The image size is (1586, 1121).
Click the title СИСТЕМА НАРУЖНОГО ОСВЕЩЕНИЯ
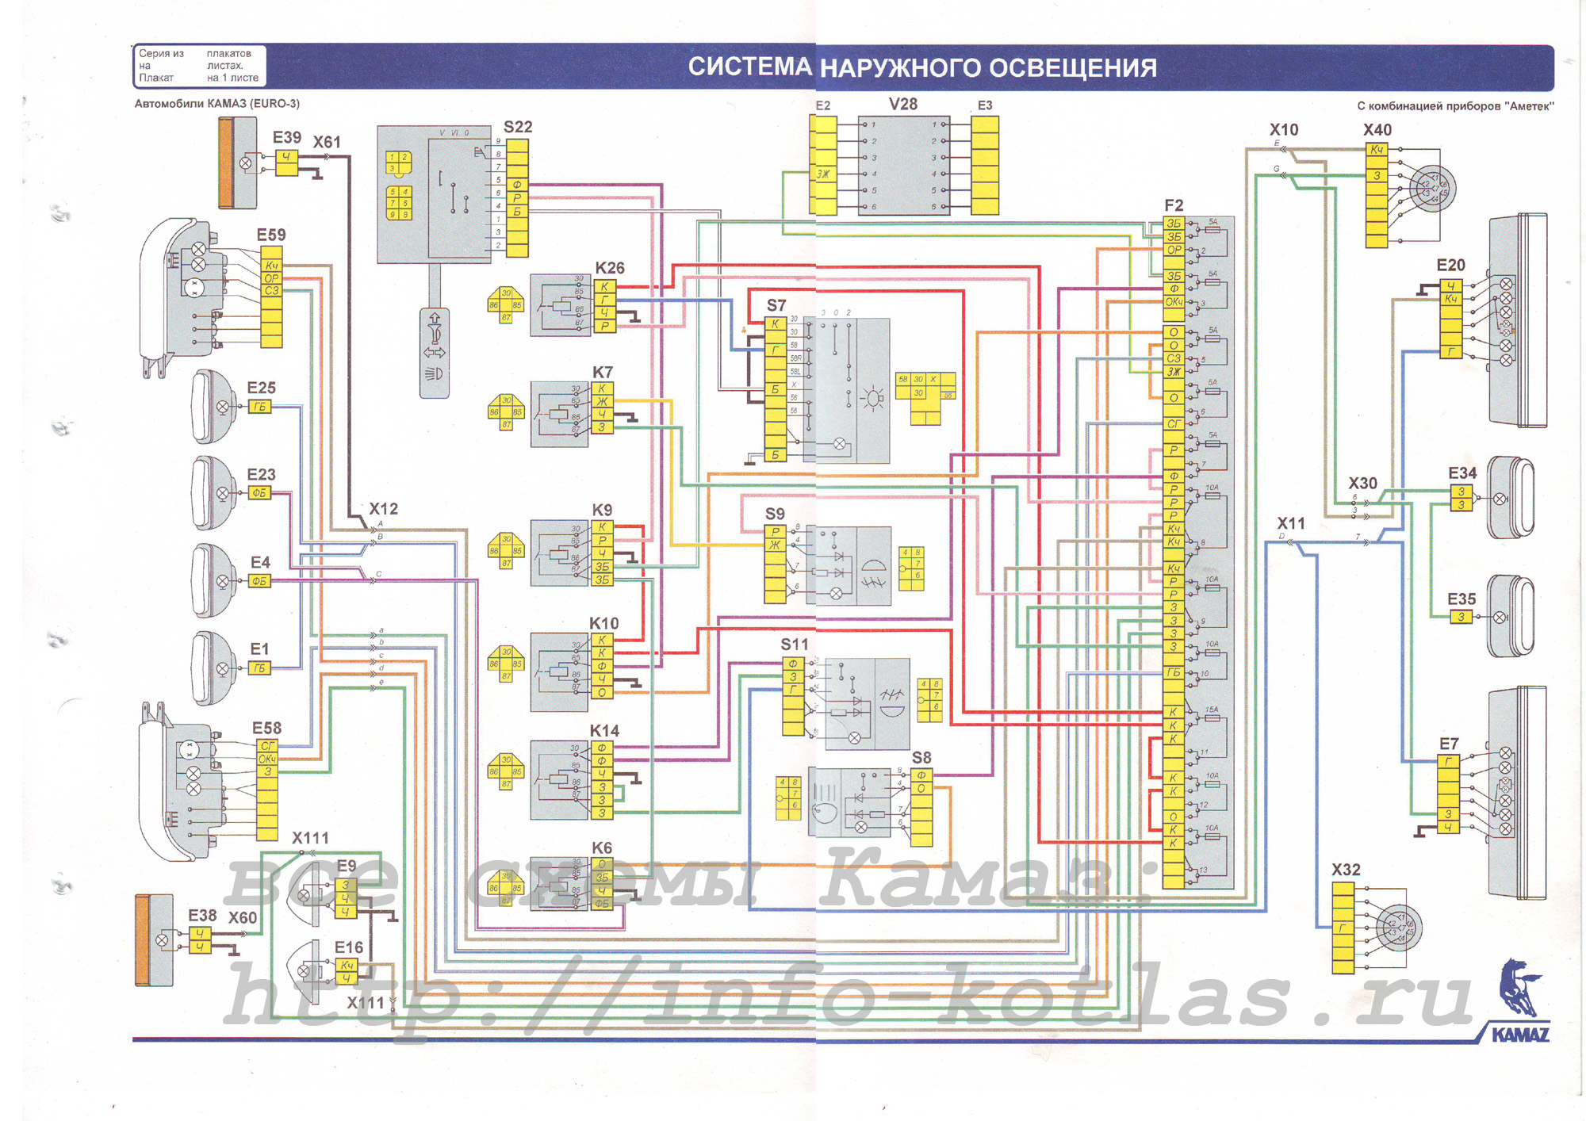tap(921, 67)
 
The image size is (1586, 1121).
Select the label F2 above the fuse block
tap(1174, 205)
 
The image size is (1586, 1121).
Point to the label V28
tap(902, 105)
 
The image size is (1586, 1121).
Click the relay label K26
tap(609, 268)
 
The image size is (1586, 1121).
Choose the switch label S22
tap(518, 127)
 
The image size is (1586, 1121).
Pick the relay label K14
tap(604, 730)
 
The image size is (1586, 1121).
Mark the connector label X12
tap(383, 509)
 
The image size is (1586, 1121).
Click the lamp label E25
tap(261, 388)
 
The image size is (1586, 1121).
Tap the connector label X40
tap(1377, 130)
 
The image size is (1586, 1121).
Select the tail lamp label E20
tap(1450, 265)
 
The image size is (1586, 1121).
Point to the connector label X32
tap(1346, 870)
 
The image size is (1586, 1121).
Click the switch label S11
tap(794, 645)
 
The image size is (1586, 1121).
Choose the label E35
tap(1461, 599)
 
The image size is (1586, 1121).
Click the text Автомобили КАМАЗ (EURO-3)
tap(217, 104)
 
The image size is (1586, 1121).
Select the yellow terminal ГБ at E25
tap(259, 407)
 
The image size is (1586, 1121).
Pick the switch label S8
tap(921, 758)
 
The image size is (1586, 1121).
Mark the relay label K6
tap(602, 848)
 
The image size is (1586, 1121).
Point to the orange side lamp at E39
tap(226, 163)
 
